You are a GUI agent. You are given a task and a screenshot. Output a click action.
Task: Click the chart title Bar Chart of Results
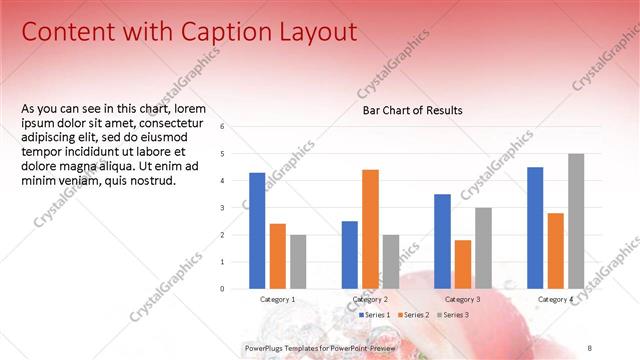(x=412, y=111)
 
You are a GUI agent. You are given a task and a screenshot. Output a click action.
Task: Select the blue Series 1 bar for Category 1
(x=257, y=230)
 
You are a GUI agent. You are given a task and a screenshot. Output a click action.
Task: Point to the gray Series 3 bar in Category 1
(x=298, y=261)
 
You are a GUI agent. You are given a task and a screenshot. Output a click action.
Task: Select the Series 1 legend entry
(x=375, y=315)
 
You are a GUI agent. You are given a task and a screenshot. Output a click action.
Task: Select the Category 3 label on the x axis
(x=462, y=299)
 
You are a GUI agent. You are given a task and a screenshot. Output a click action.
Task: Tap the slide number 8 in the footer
(x=590, y=347)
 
